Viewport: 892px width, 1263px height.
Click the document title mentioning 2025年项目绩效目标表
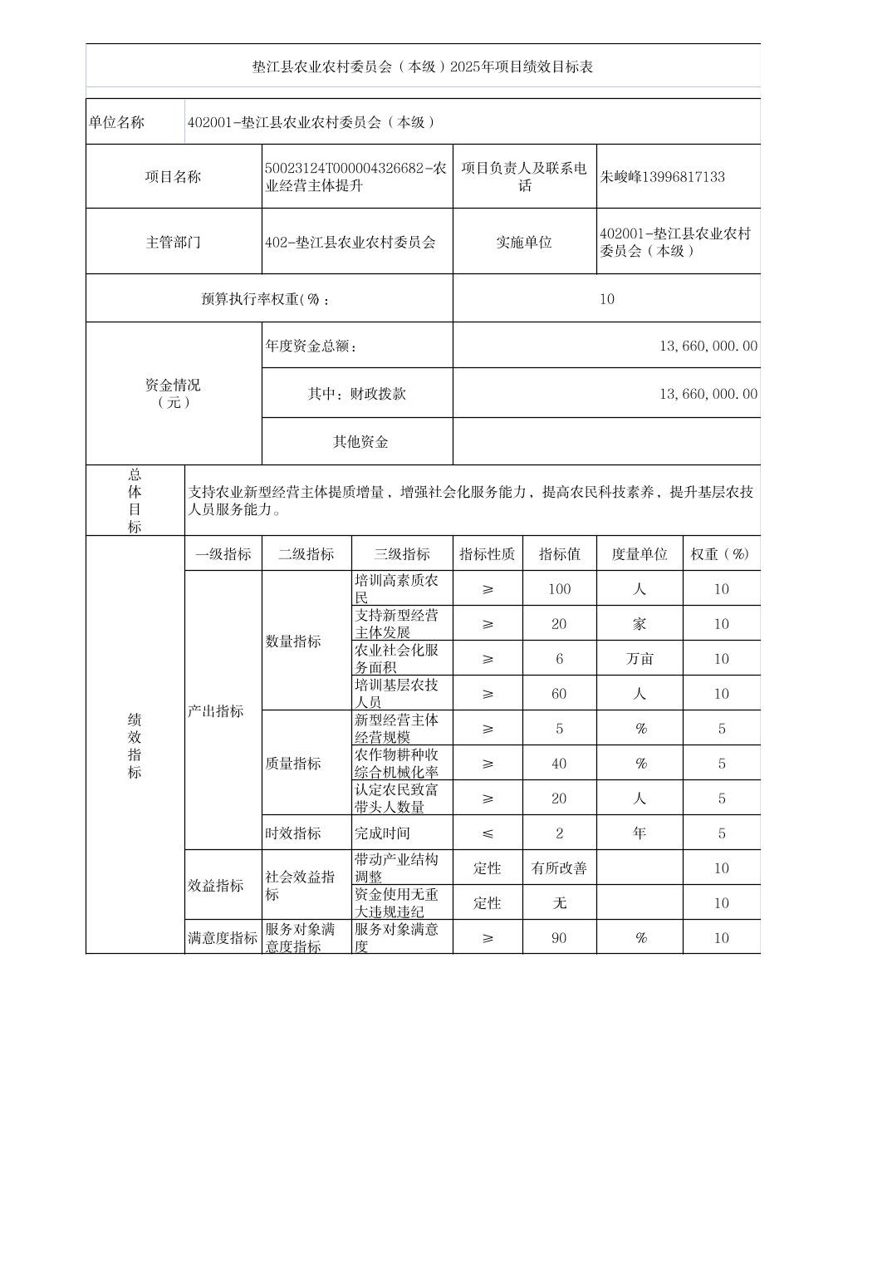[x=423, y=66]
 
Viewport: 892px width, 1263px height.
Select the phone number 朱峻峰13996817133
[x=662, y=177]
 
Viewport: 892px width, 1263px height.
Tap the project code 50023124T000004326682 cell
[x=356, y=177]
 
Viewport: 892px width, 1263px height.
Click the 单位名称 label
[x=117, y=122]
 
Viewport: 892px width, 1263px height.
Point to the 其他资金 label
[x=360, y=442]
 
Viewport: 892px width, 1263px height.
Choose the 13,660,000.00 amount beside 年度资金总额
[x=708, y=346]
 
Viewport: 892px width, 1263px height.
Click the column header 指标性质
[x=487, y=554]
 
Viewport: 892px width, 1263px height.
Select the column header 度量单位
[x=639, y=554]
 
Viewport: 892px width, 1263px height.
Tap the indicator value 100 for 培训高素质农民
[x=559, y=589]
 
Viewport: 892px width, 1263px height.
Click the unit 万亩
[x=639, y=659]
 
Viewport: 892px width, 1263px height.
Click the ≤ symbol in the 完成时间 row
[x=487, y=833]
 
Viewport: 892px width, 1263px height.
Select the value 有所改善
[x=559, y=868]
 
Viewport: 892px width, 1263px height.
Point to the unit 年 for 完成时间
[x=639, y=833]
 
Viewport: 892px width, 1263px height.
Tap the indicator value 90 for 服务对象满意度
[x=559, y=938]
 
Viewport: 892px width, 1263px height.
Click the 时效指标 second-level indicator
[x=293, y=833]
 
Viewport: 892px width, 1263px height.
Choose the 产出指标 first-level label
[x=216, y=711]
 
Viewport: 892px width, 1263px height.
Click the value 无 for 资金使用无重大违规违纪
[x=559, y=903]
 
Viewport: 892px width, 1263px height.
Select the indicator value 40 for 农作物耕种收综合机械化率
[x=559, y=764]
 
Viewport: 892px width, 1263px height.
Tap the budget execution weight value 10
[x=606, y=299]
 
